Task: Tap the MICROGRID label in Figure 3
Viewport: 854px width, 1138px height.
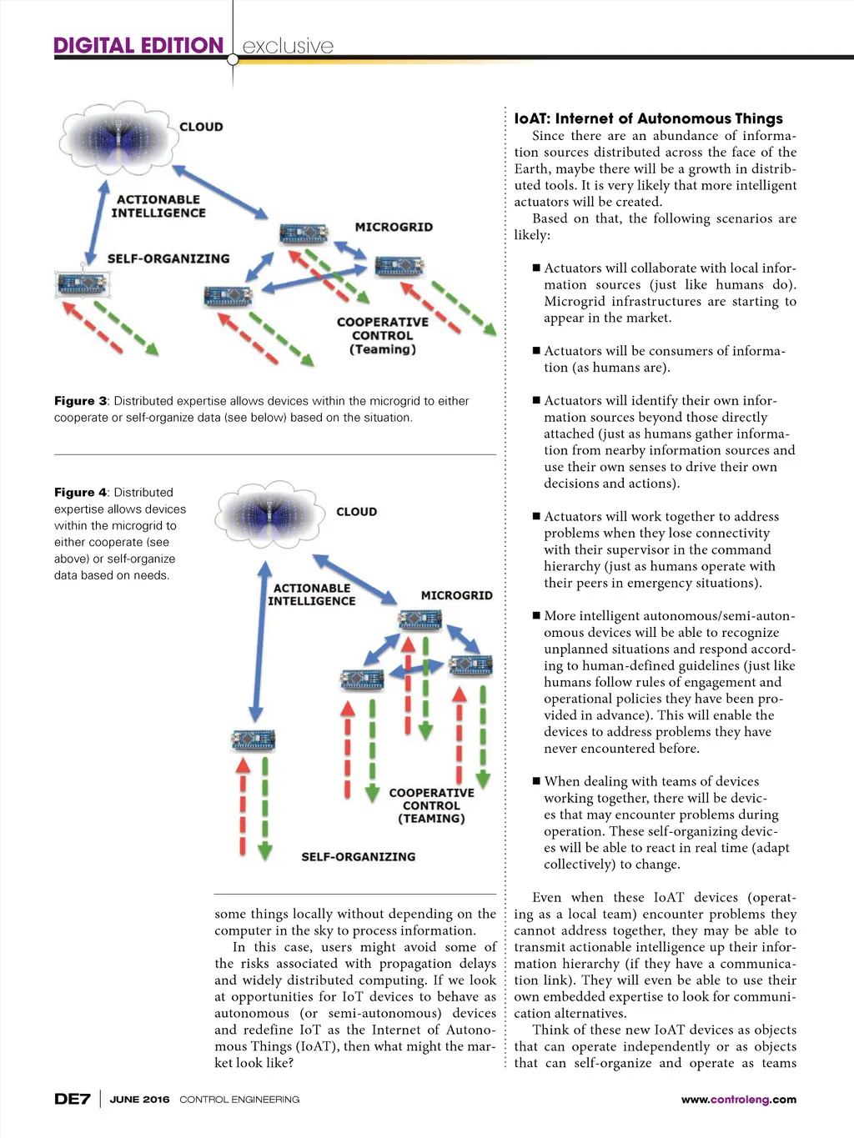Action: point(394,227)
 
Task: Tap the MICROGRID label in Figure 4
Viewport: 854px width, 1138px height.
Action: point(456,595)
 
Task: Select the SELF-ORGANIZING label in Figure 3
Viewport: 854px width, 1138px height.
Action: point(168,258)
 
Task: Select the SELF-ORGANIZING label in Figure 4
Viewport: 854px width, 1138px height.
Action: point(358,856)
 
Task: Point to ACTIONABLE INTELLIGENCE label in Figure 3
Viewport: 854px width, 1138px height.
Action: point(158,206)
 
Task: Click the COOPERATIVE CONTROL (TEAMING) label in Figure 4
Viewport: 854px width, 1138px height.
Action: point(431,805)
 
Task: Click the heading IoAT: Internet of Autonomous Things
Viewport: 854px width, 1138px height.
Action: point(648,118)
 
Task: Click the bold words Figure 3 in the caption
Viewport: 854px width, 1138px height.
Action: point(80,401)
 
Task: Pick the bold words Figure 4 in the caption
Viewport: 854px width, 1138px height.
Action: point(80,493)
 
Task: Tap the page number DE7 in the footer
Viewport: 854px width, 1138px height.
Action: point(72,1099)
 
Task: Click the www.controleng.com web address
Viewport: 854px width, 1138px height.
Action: point(738,1099)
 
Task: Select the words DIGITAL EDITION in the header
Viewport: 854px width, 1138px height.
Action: point(138,46)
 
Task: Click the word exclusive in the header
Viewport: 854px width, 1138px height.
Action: point(288,46)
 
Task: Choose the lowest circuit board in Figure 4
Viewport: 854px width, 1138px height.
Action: point(254,739)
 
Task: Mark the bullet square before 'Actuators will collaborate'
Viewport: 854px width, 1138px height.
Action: point(536,268)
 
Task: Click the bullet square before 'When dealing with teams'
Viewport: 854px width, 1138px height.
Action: point(536,781)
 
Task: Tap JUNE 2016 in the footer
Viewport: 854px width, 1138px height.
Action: point(139,1099)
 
